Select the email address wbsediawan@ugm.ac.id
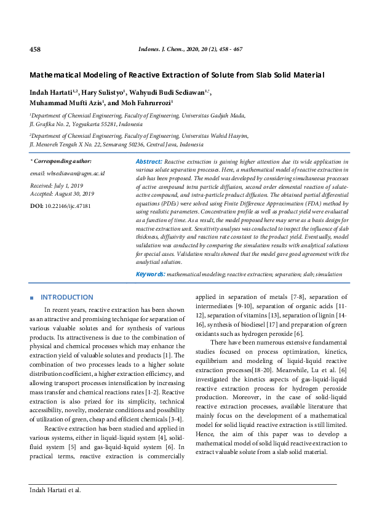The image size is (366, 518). point(68,173)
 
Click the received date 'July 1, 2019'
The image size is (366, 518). point(71,185)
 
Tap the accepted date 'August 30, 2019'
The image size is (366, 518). point(77,193)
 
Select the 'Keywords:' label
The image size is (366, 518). point(150,274)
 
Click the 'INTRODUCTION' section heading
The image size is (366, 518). point(66,297)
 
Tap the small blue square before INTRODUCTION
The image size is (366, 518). point(31,298)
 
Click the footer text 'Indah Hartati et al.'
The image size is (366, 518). point(55,490)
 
